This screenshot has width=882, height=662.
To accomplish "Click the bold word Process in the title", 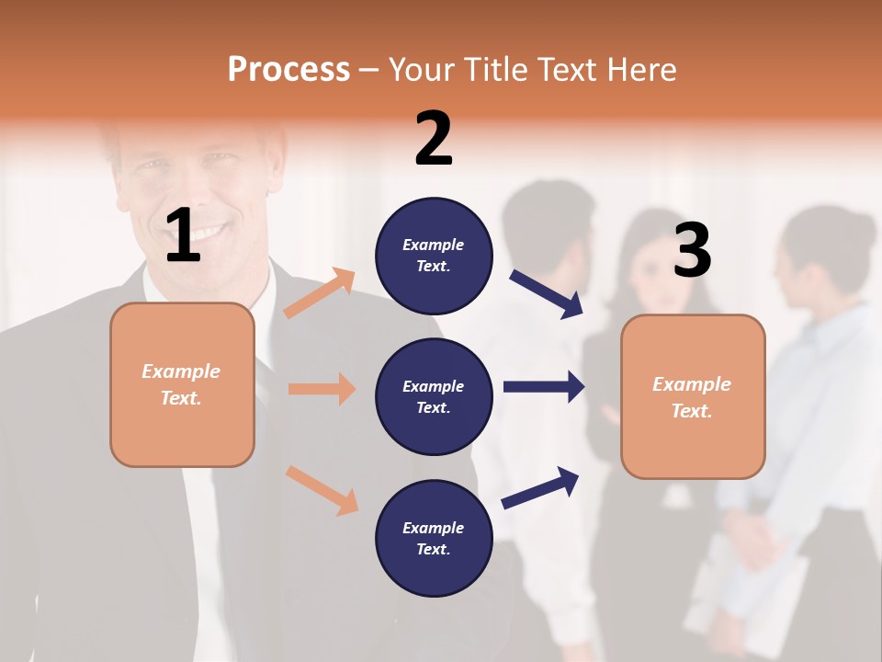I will coord(288,69).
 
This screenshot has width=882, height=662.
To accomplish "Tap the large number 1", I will coord(183,235).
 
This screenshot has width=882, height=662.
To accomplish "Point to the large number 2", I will coord(434,139).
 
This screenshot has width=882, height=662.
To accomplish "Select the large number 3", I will coord(692,251).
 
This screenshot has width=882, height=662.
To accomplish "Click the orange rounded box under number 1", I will coord(182,384).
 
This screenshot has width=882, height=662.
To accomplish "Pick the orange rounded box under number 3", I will coord(693,396).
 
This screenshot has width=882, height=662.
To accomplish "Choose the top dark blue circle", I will coord(434,255).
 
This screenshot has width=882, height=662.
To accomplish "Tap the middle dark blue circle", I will coord(434,396).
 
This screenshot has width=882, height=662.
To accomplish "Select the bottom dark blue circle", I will coord(434,538).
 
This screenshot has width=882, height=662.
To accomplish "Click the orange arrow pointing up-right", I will coord(320,293).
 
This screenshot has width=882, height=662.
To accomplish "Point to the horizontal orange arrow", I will coord(322,389).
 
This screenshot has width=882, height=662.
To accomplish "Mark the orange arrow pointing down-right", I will coord(322,489).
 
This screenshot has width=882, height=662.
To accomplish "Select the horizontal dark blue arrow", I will coord(544,386).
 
